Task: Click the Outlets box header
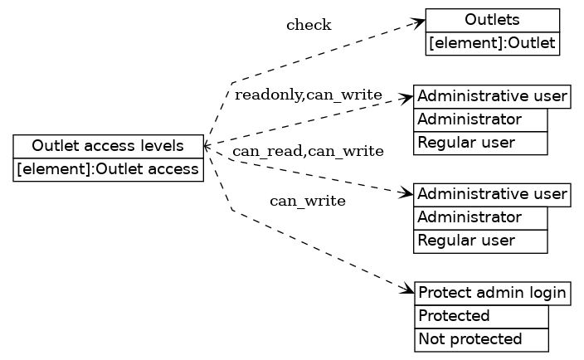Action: click(x=493, y=20)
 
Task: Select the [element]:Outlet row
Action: click(x=493, y=43)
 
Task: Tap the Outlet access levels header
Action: click(x=108, y=146)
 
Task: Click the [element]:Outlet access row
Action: click(x=108, y=169)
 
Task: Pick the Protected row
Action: click(x=481, y=316)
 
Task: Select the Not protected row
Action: click(x=481, y=339)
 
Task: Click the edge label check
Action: click(x=309, y=25)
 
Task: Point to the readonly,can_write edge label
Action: click(x=308, y=95)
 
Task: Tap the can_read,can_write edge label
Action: click(x=308, y=151)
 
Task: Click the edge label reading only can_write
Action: click(x=308, y=201)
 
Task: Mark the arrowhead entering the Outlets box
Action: click(x=420, y=22)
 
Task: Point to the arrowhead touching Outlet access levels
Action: click(x=207, y=146)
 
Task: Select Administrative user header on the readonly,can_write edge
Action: click(x=493, y=96)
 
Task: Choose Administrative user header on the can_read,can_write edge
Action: click(x=493, y=194)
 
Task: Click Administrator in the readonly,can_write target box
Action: click(x=480, y=119)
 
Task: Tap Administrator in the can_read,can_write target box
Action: click(x=480, y=217)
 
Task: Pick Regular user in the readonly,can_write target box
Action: click(x=480, y=143)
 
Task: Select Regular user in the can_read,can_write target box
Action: click(x=480, y=241)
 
